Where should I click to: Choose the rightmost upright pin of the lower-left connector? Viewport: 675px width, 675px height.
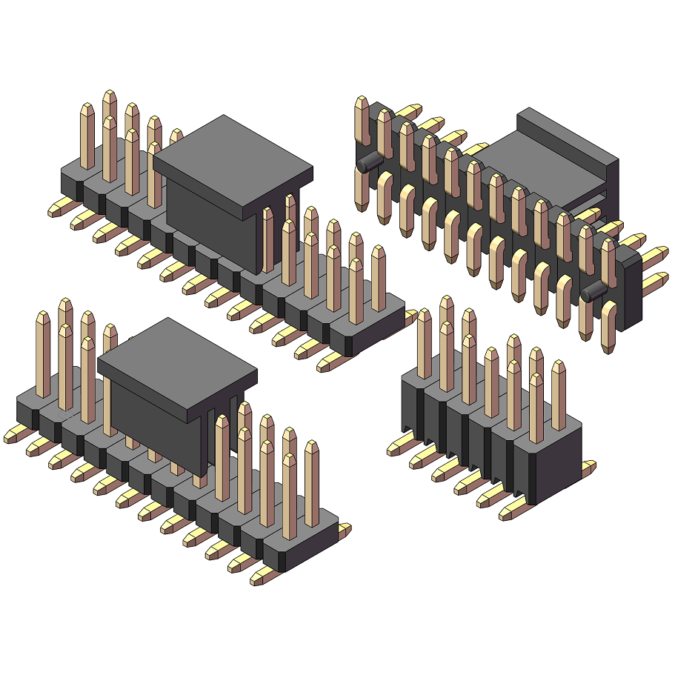coord(312,482)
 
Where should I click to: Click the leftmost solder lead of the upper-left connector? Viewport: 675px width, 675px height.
coord(59,210)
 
